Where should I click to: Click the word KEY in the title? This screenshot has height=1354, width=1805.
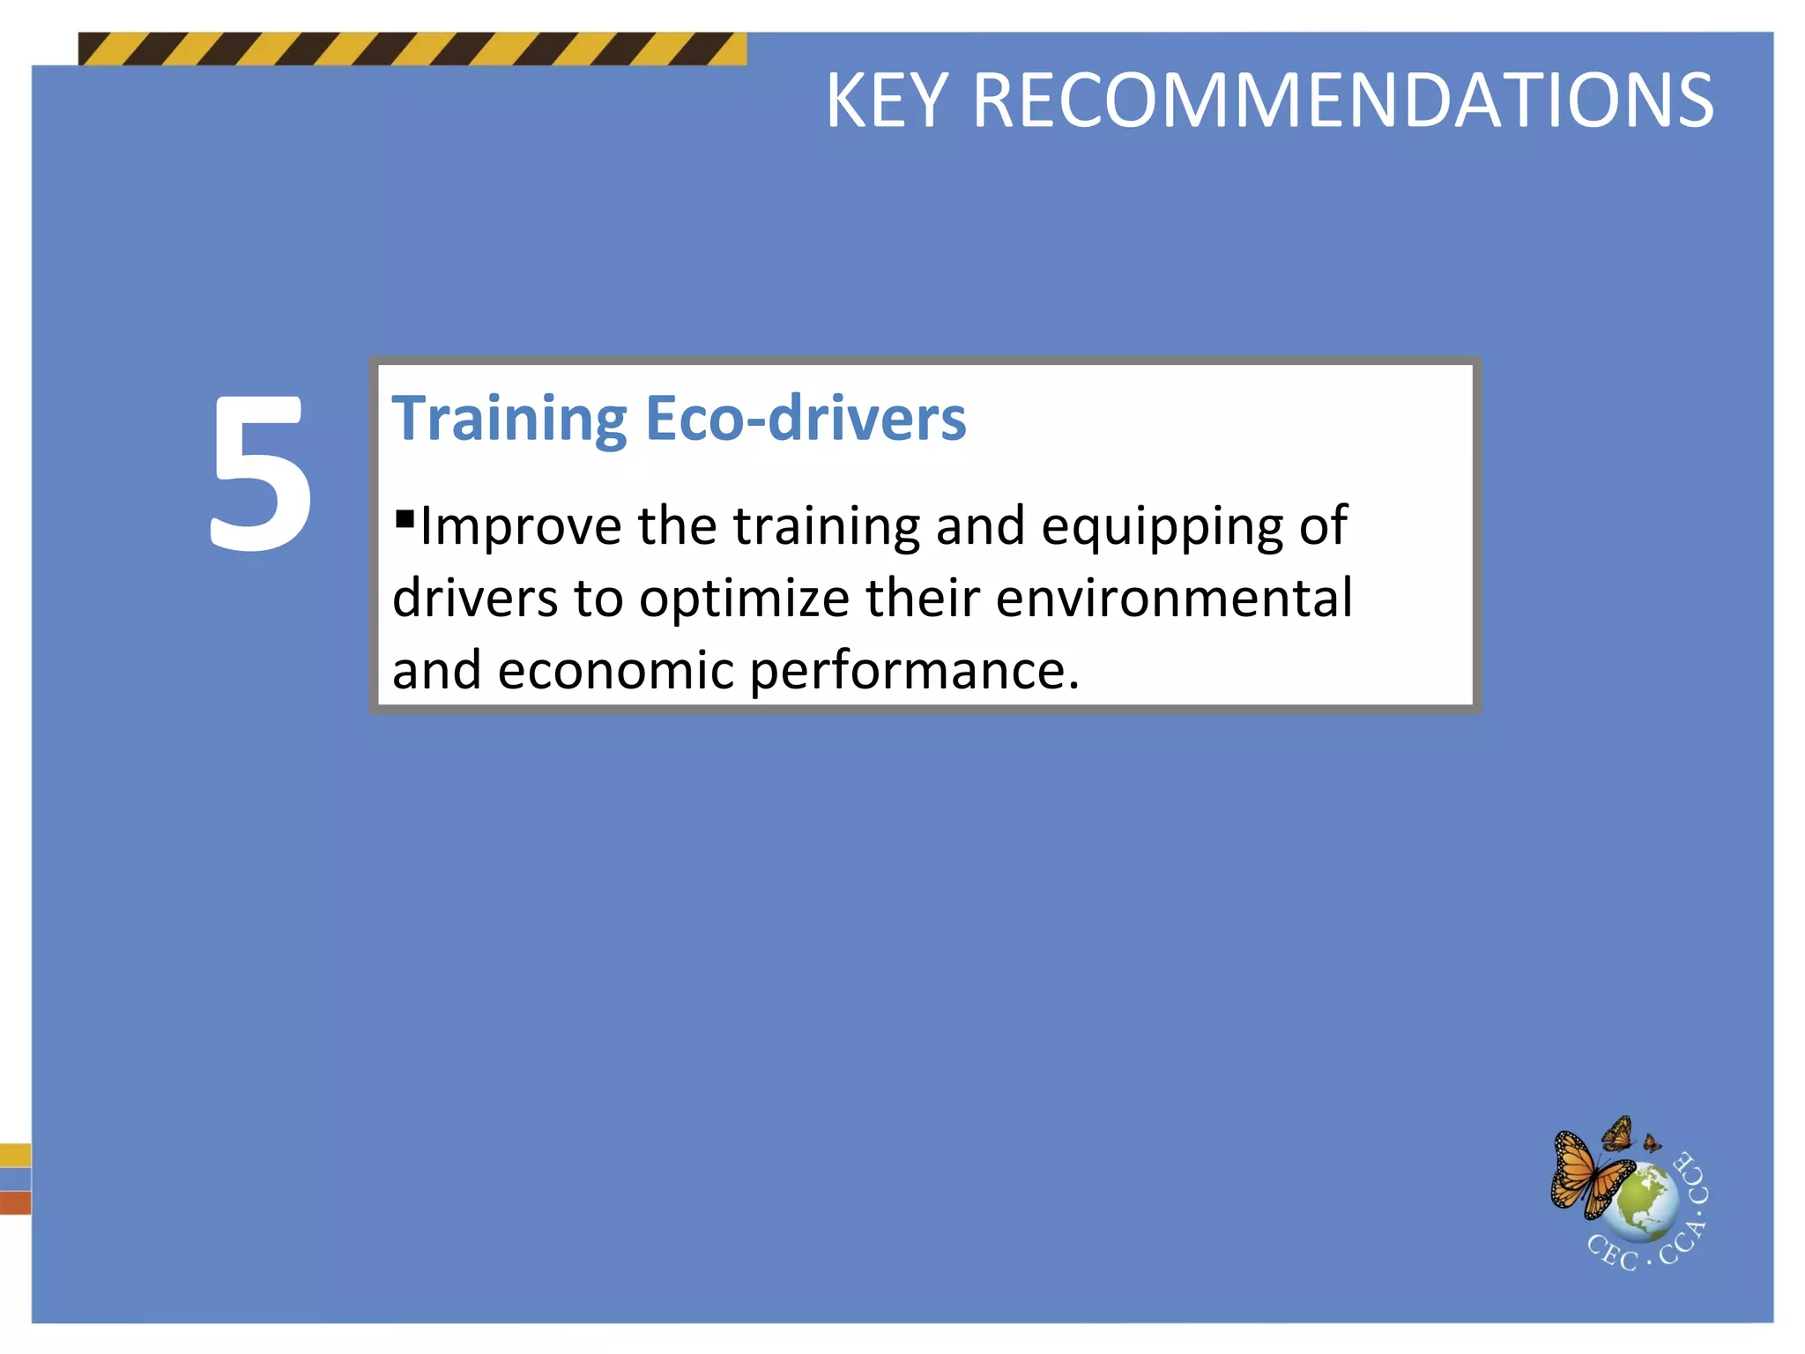pyautogui.click(x=886, y=101)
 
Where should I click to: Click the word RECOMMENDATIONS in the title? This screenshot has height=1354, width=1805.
pyautogui.click(x=1342, y=101)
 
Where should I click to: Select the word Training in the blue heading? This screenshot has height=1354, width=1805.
pyautogui.click(x=509, y=420)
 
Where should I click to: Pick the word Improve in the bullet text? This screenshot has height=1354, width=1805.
pyautogui.click(x=521, y=527)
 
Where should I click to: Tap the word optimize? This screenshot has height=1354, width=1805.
pyautogui.click(x=744, y=599)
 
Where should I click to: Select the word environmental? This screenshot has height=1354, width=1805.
pyautogui.click(x=1174, y=598)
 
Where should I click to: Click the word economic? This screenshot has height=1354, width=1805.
pyautogui.click(x=615, y=671)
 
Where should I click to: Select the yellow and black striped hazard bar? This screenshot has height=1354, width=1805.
pyautogui.click(x=412, y=49)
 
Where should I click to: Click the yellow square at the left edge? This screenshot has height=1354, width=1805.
pyautogui.click(x=15, y=1155)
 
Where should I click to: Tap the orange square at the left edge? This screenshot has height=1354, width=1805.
pyautogui.click(x=15, y=1202)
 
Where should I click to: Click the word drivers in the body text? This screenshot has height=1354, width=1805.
pyautogui.click(x=475, y=599)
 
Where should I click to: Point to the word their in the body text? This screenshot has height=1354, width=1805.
pyautogui.click(x=922, y=598)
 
